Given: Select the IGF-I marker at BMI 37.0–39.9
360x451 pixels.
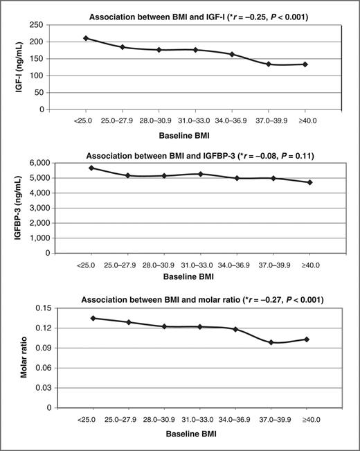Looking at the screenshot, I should [269, 64].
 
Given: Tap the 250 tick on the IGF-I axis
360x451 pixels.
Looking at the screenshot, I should [44, 24].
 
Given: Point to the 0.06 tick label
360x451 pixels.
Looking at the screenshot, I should [43, 368].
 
